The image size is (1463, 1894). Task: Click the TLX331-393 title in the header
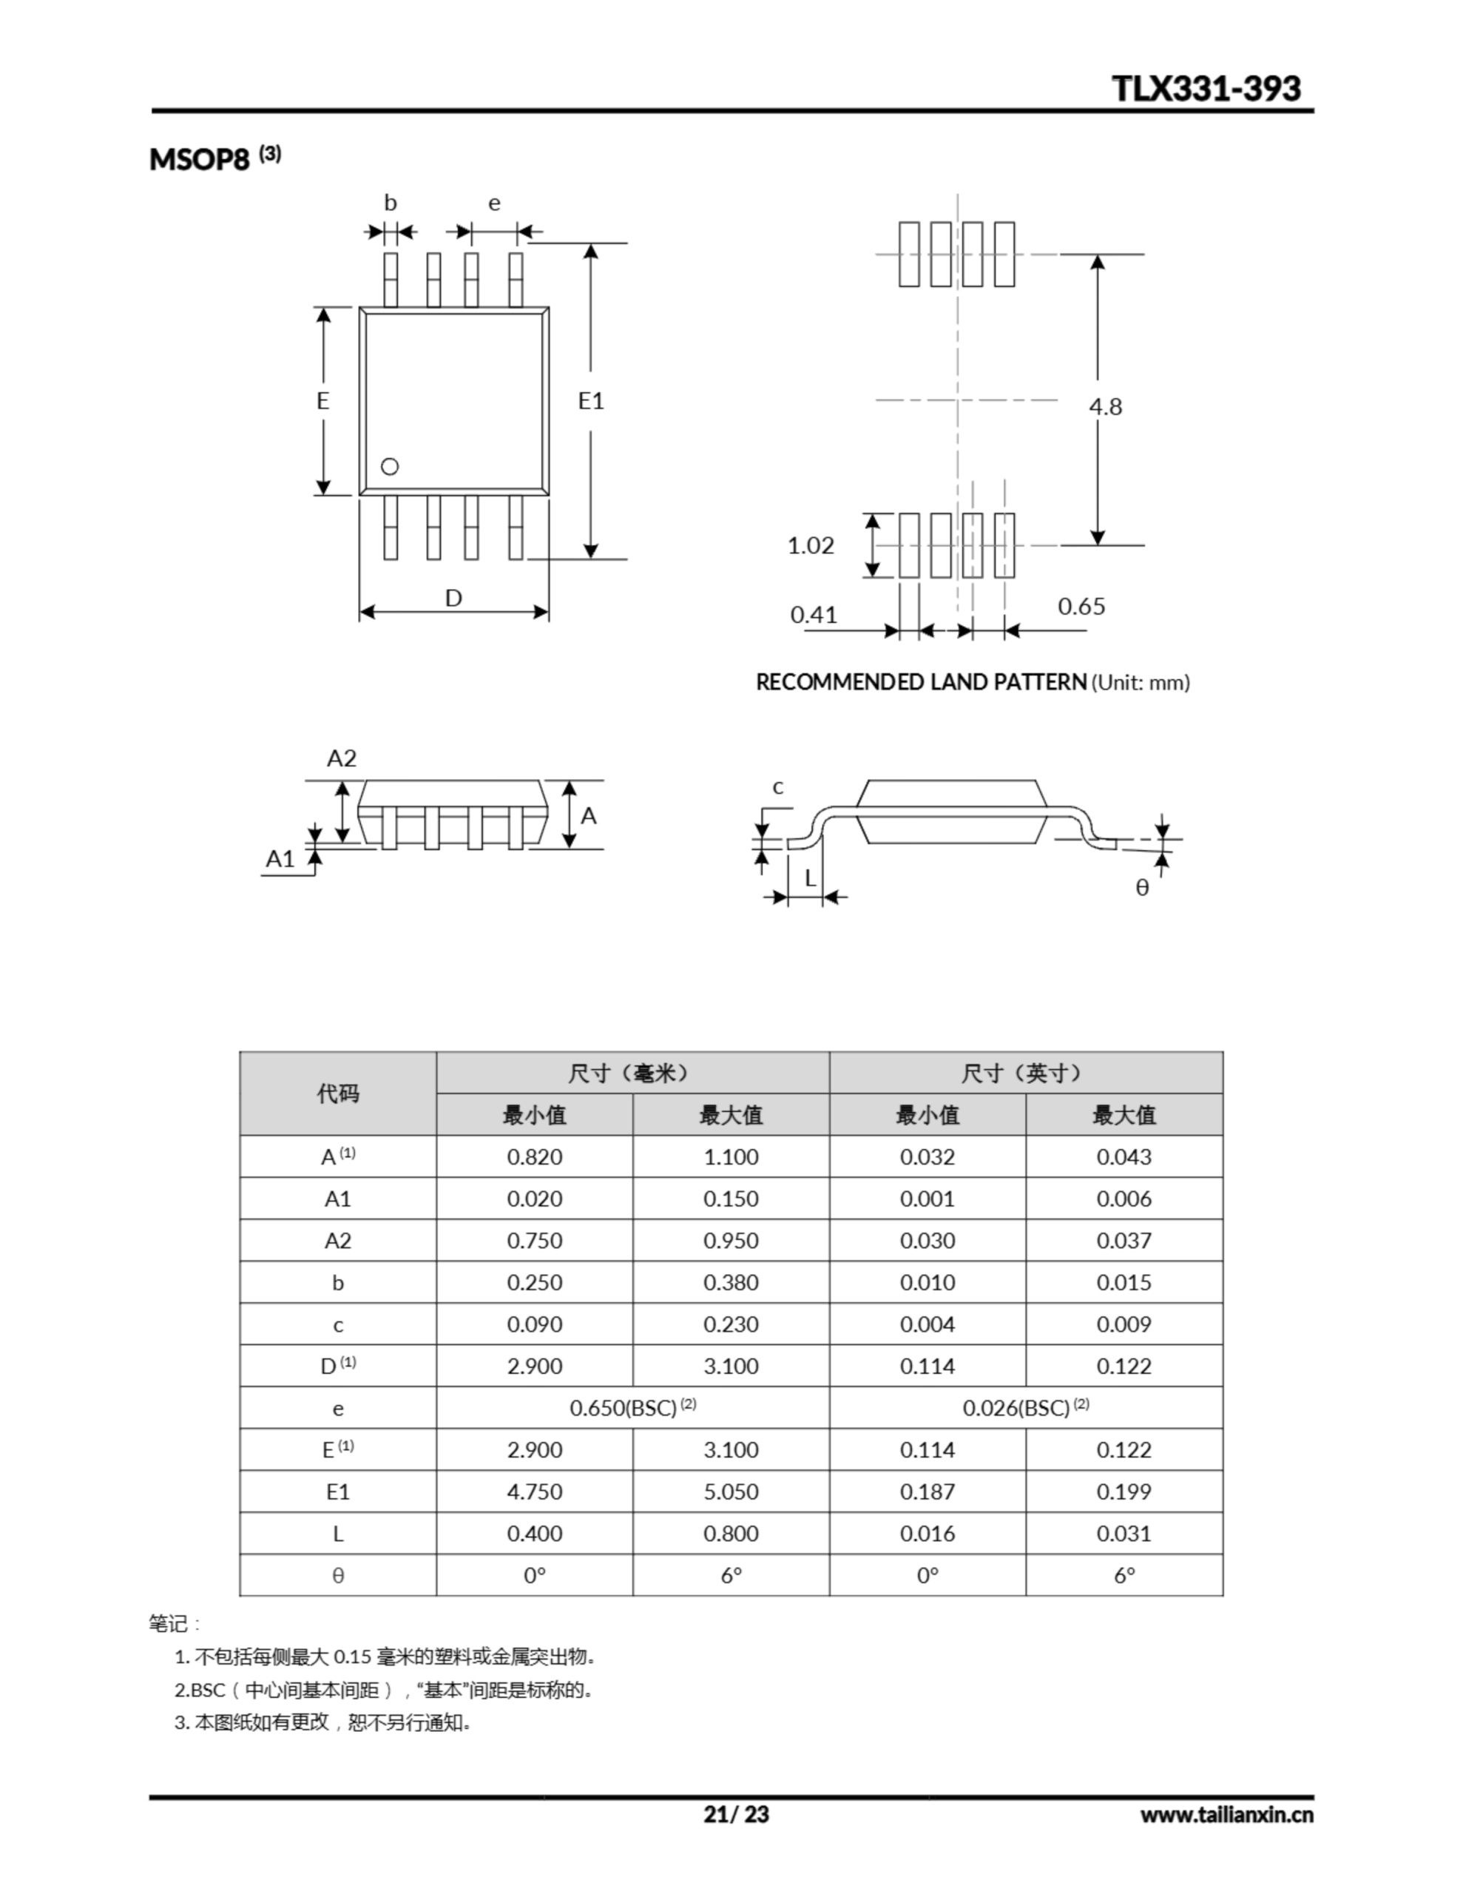pyautogui.click(x=1206, y=89)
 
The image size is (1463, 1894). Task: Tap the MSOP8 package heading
pyautogui.click(x=200, y=160)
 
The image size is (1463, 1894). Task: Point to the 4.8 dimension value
pyautogui.click(x=1106, y=407)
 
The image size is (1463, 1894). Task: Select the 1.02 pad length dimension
pyautogui.click(x=810, y=545)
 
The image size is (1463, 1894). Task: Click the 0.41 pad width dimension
pyautogui.click(x=814, y=615)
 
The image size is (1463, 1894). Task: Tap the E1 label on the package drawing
pyautogui.click(x=590, y=401)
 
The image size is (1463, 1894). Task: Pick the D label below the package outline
pyautogui.click(x=453, y=599)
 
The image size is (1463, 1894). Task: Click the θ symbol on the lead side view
pyautogui.click(x=1142, y=888)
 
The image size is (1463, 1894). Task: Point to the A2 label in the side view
pyautogui.click(x=341, y=759)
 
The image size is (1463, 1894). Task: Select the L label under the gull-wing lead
pyautogui.click(x=810, y=878)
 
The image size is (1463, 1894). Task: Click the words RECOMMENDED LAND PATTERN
pyautogui.click(x=921, y=682)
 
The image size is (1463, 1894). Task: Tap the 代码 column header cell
pyautogui.click(x=337, y=1093)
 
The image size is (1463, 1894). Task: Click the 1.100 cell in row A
pyautogui.click(x=730, y=1157)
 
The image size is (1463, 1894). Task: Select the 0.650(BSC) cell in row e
pyautogui.click(x=632, y=1409)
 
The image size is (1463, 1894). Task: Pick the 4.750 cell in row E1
pyautogui.click(x=534, y=1492)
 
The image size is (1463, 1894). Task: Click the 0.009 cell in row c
pyautogui.click(x=1124, y=1324)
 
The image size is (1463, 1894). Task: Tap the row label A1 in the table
pyautogui.click(x=337, y=1199)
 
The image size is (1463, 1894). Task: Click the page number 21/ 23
pyautogui.click(x=736, y=1814)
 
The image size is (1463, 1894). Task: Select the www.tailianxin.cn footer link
pyautogui.click(x=1226, y=1814)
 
